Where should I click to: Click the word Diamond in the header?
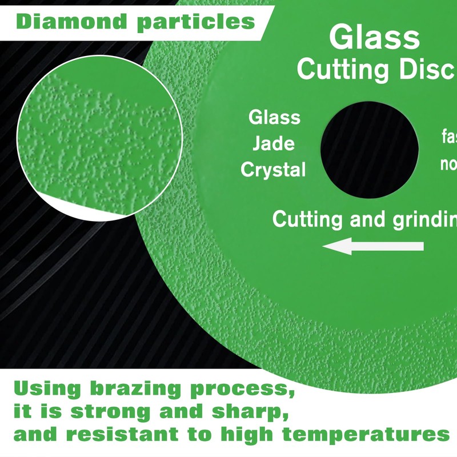67,21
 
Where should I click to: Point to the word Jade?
274,143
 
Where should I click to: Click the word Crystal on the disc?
273,170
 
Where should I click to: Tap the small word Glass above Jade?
274,118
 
